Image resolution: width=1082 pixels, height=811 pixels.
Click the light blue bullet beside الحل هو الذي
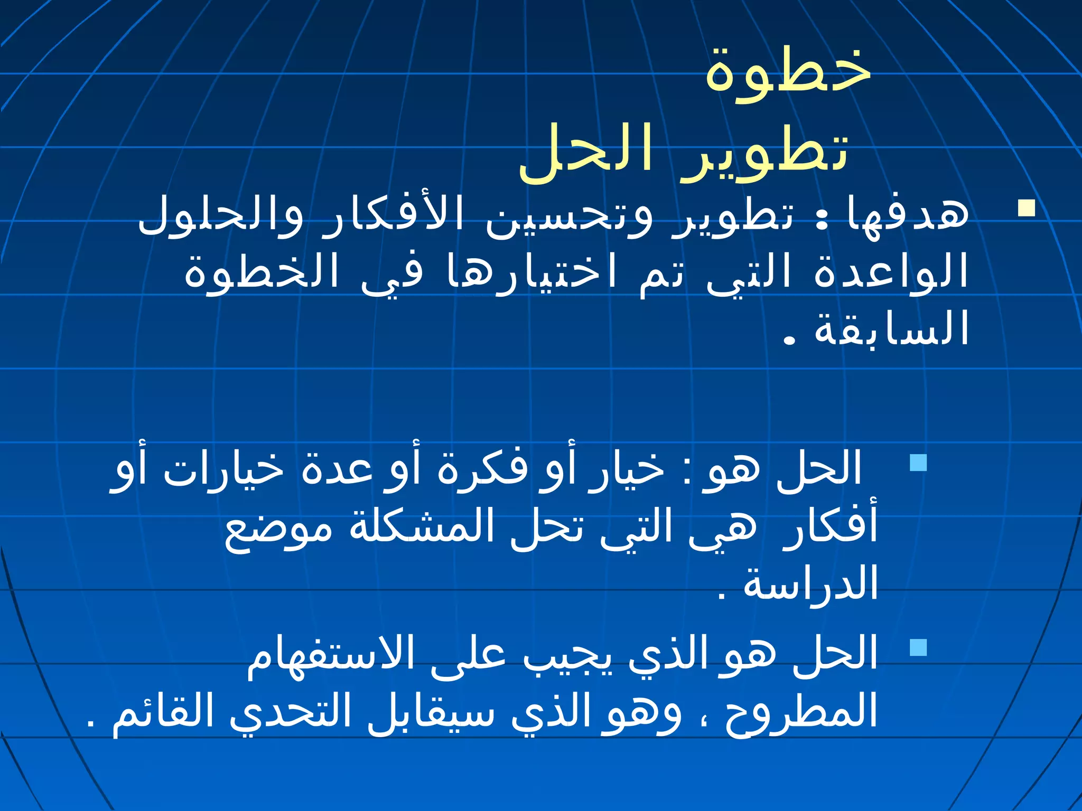[x=919, y=647]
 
